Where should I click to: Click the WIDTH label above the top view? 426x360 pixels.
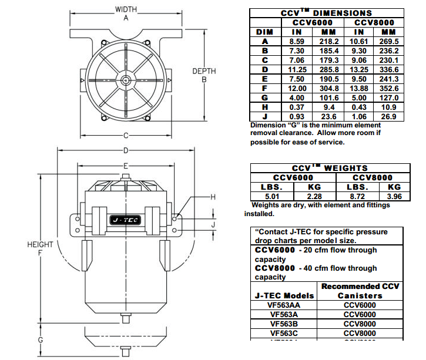[126, 10]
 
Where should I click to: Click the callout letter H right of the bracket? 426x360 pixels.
[214, 197]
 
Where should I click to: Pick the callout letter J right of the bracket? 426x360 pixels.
[214, 224]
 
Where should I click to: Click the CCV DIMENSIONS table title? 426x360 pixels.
[327, 12]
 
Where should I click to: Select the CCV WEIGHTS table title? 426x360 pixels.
[327, 168]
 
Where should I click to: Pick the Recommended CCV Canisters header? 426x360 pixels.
[360, 291]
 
